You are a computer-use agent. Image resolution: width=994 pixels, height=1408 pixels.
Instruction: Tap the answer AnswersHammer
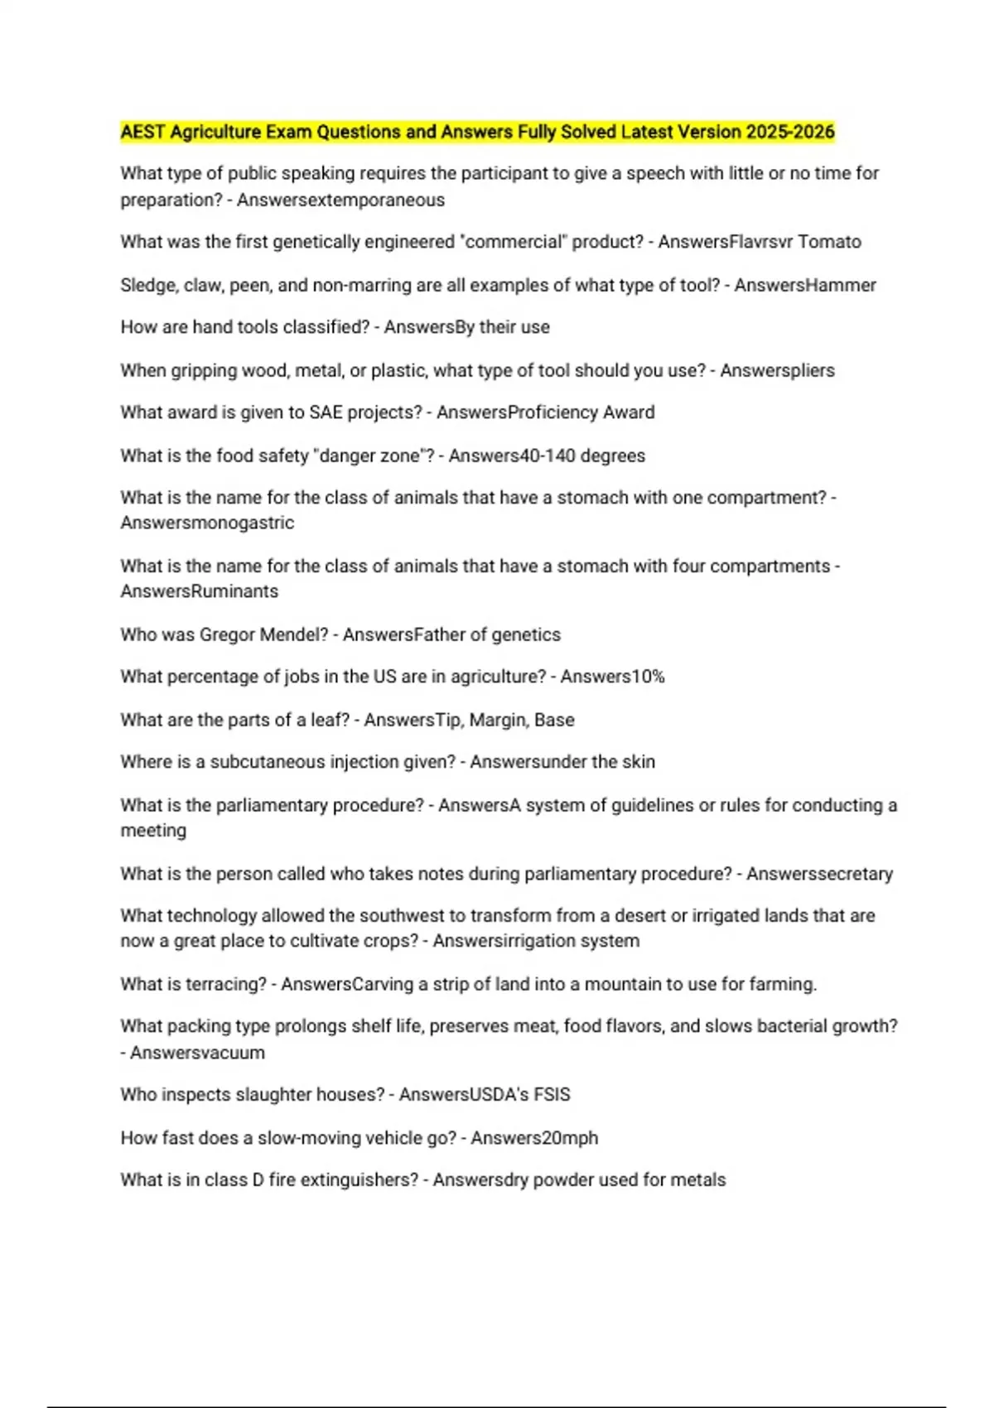(804, 285)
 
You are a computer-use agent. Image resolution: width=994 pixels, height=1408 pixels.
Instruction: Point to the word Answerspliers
(777, 370)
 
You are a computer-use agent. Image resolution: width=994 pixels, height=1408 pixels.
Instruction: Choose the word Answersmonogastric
(207, 523)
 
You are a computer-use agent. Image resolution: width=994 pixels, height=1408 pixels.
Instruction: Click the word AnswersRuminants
(199, 591)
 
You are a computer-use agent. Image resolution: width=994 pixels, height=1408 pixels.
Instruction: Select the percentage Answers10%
(612, 677)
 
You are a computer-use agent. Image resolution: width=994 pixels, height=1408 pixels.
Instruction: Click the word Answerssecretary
(819, 874)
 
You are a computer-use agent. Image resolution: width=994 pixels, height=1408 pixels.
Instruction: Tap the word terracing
(226, 984)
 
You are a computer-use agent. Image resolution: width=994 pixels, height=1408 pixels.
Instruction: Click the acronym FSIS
(552, 1094)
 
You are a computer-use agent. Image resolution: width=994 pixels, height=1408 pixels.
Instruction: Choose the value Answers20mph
(534, 1138)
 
